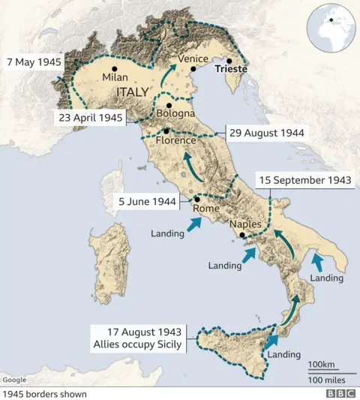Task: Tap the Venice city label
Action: pyautogui.click(x=193, y=59)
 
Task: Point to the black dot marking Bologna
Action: pyautogui.click(x=169, y=105)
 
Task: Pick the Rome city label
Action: pyautogui.click(x=205, y=209)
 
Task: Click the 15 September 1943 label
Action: pyautogui.click(x=304, y=180)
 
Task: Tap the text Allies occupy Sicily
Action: pyautogui.click(x=135, y=344)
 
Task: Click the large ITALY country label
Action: pyautogui.click(x=136, y=91)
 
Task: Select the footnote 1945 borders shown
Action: pyautogui.click(x=44, y=393)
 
